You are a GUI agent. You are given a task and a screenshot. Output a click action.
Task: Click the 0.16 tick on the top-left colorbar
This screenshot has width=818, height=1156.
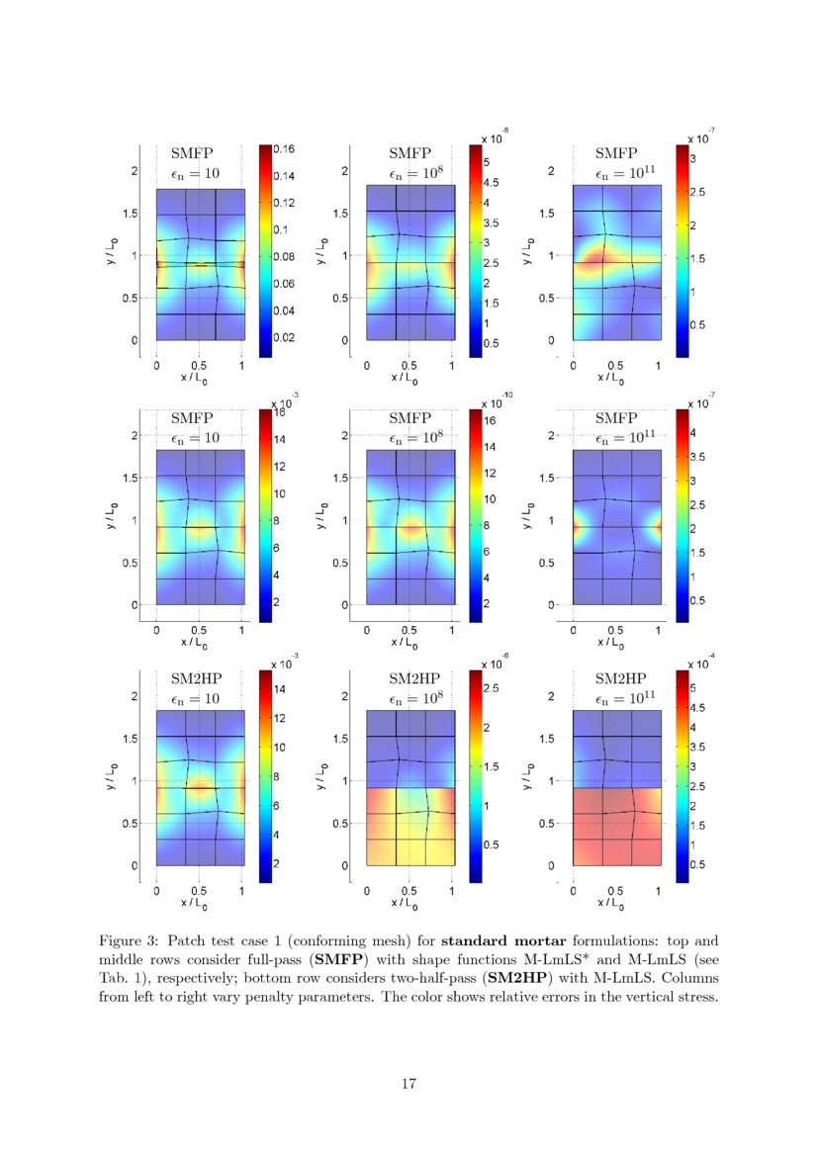286,149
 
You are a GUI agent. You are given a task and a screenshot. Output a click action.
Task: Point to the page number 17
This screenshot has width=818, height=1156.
409,1084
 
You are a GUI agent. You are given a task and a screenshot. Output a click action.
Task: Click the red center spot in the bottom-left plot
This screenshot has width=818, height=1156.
201,788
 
